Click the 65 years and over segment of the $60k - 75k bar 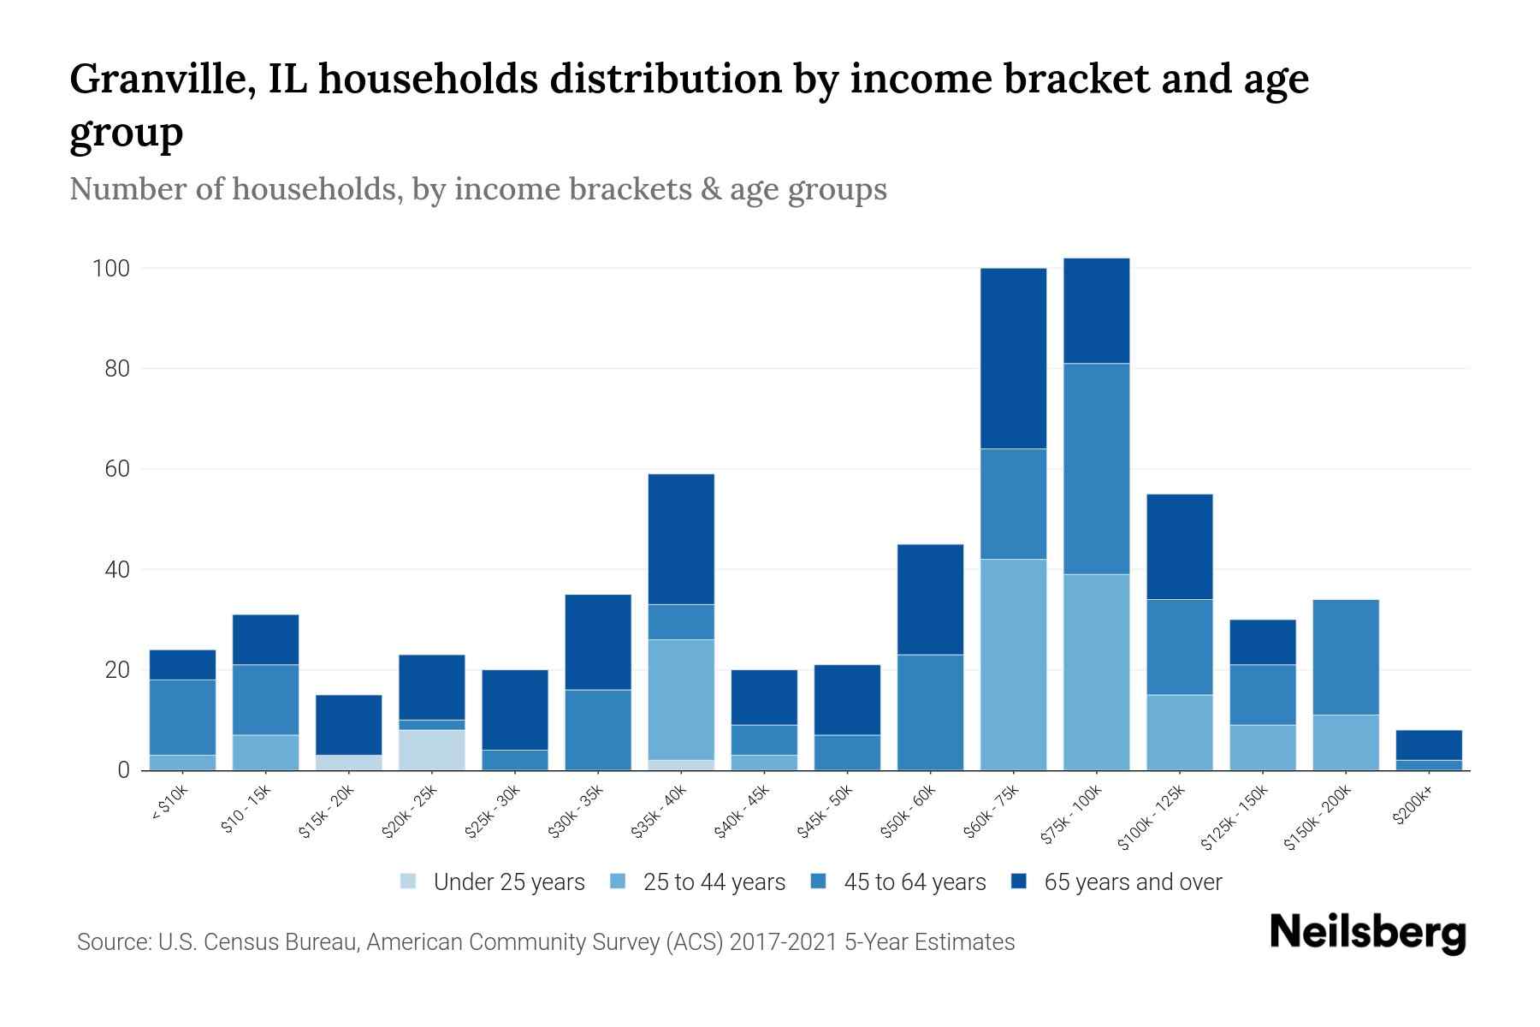pos(1013,359)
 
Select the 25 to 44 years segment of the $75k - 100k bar pos(1096,672)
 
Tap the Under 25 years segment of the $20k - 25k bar pos(431,750)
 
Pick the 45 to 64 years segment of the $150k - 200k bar pos(1346,657)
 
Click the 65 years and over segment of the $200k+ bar pos(1429,745)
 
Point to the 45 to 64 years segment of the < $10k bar pos(182,717)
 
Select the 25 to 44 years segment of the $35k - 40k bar pos(681,699)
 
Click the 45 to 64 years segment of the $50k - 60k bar pos(930,712)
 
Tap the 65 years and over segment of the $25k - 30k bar pos(514,709)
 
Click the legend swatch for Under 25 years pos(409,882)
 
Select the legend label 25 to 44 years pos(714,882)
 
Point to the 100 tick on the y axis pos(110,269)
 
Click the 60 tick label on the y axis pos(116,469)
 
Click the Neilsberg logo pos(1367,933)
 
